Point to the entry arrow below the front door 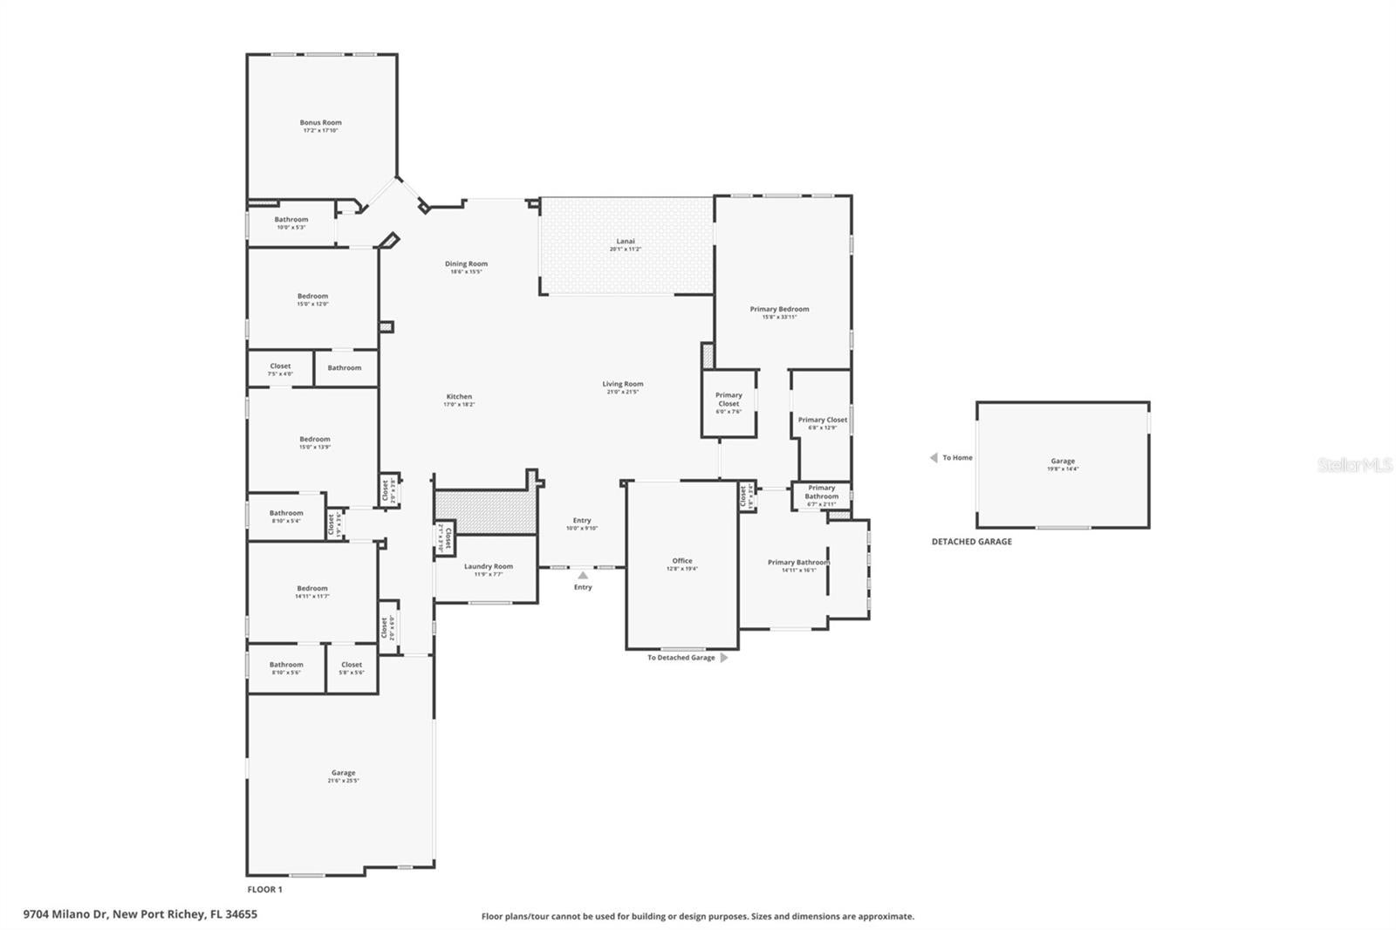coord(583,575)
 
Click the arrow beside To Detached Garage coord(723,658)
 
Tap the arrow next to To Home coord(934,457)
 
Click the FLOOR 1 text coord(265,890)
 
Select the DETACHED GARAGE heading coord(971,542)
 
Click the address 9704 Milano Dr coord(140,914)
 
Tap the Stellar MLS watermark coord(1354,465)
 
